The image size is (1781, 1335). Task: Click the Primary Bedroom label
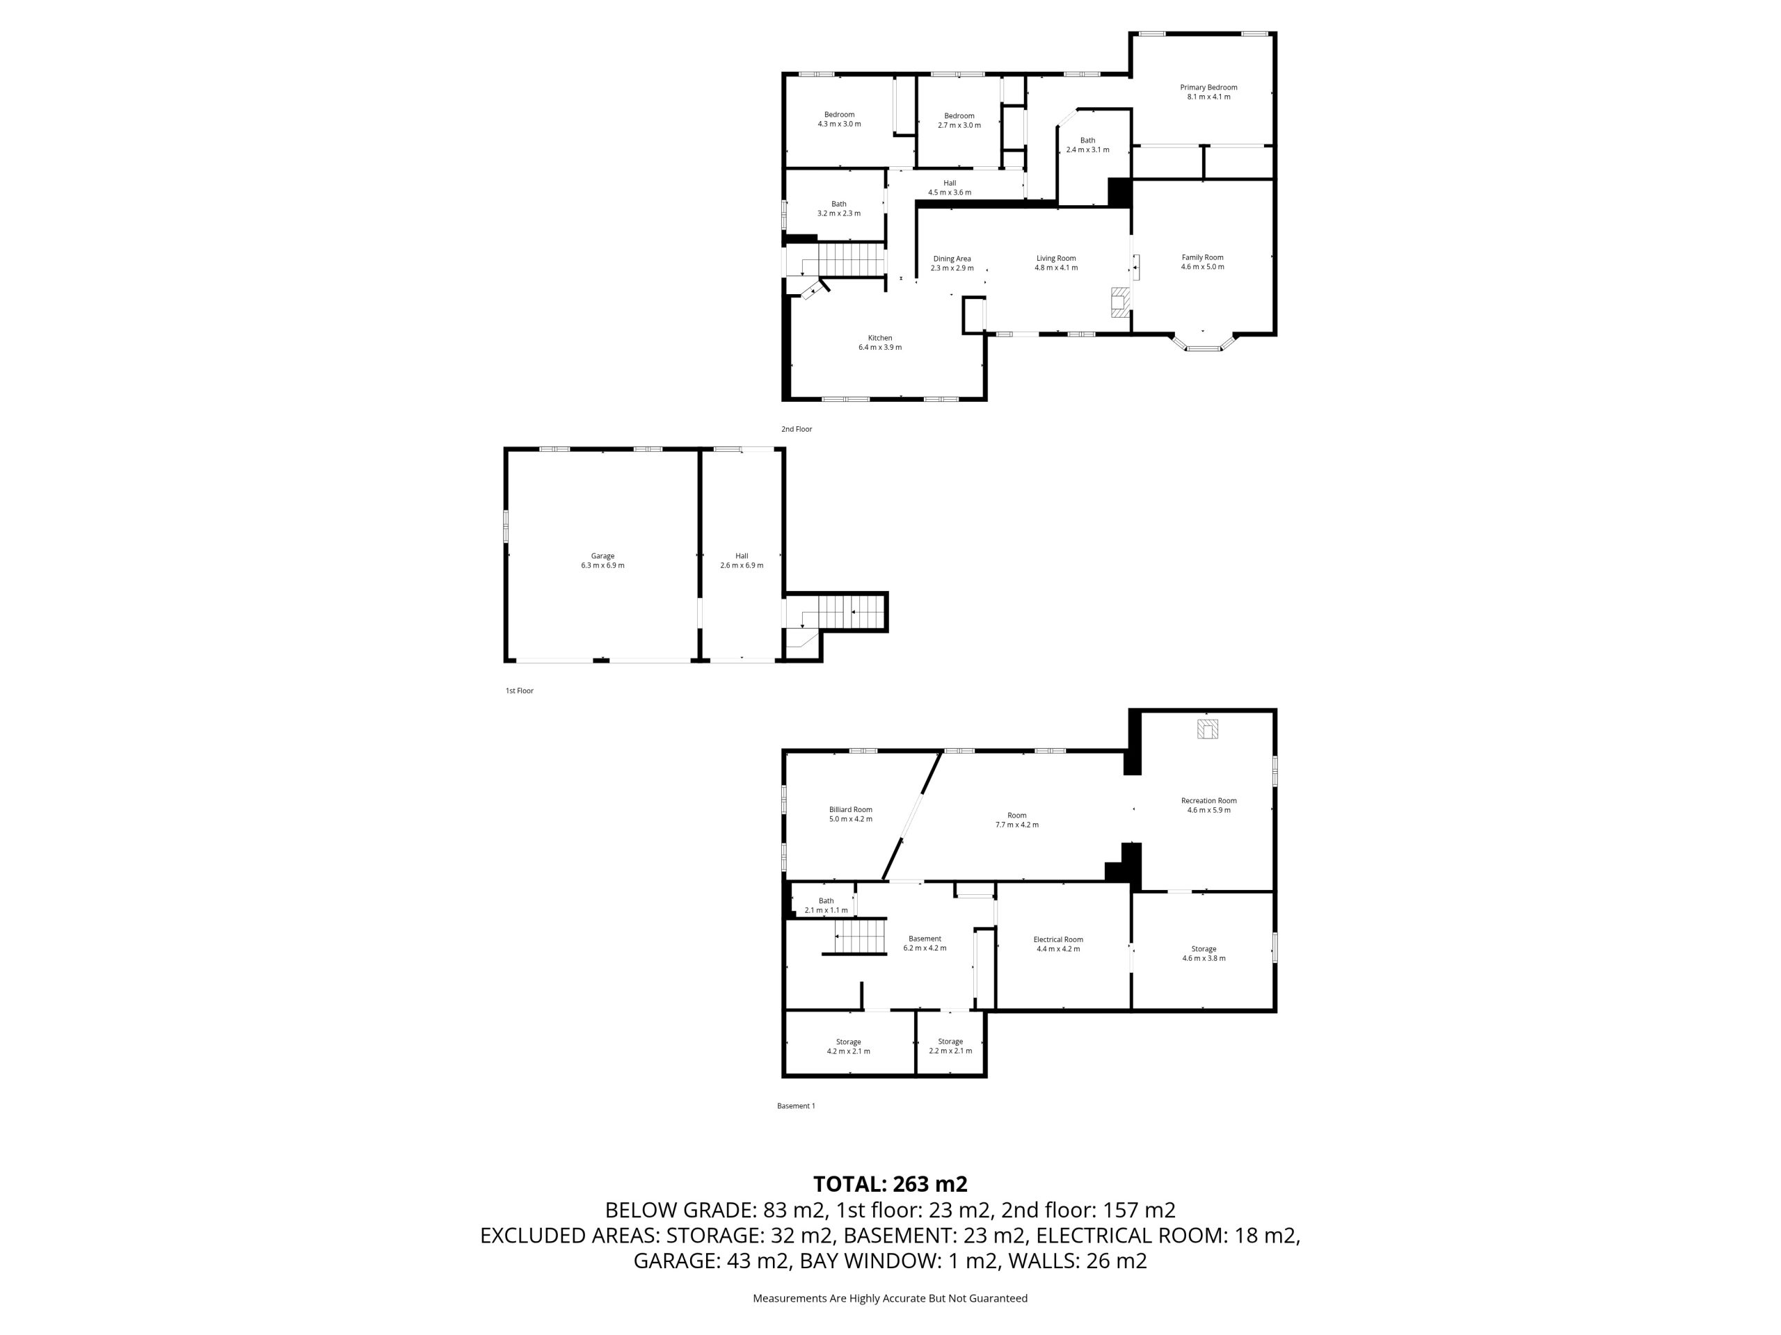pos(1208,88)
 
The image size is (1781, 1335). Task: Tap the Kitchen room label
pos(880,338)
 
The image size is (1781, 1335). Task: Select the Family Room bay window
pos(1203,343)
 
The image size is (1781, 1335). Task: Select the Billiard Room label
pos(851,809)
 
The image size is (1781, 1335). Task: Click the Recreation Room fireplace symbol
pos(1207,729)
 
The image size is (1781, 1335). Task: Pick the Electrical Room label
pos(1058,939)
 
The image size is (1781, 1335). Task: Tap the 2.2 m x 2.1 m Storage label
pos(950,1046)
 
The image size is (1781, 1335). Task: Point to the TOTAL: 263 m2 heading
pos(890,1183)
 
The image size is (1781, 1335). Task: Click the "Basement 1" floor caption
pos(797,1106)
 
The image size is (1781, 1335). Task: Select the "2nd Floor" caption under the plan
pos(797,429)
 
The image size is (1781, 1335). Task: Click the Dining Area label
pos(952,259)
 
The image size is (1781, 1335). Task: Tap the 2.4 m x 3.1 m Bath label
pos(1088,145)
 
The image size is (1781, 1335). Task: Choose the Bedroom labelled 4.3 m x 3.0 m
pos(839,119)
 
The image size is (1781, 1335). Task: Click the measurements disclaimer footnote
pos(890,1298)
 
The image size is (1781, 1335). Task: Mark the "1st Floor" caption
pos(519,690)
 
